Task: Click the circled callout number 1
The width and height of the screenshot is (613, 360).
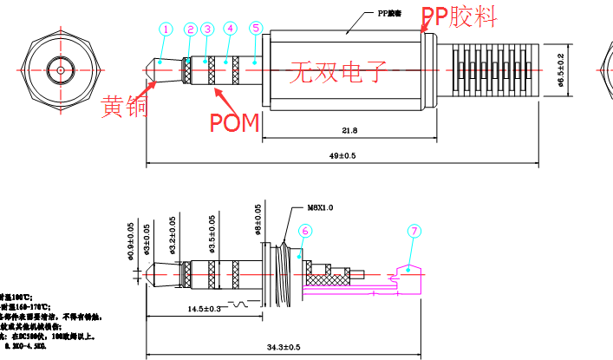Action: [x=166, y=29]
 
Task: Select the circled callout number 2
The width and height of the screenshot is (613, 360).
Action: [x=191, y=29]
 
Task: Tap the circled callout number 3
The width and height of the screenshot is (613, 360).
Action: [x=207, y=29]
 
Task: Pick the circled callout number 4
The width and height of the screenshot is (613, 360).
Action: [x=230, y=28]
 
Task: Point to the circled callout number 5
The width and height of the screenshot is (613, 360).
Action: [x=255, y=28]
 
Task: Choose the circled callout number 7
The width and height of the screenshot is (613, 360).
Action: [x=414, y=231]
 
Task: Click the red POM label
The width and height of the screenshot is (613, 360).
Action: [x=234, y=122]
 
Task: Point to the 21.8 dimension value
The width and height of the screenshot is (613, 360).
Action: [x=349, y=130]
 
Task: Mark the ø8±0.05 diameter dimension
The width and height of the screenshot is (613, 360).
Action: [x=258, y=220]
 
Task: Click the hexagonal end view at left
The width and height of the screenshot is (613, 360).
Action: [x=62, y=69]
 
